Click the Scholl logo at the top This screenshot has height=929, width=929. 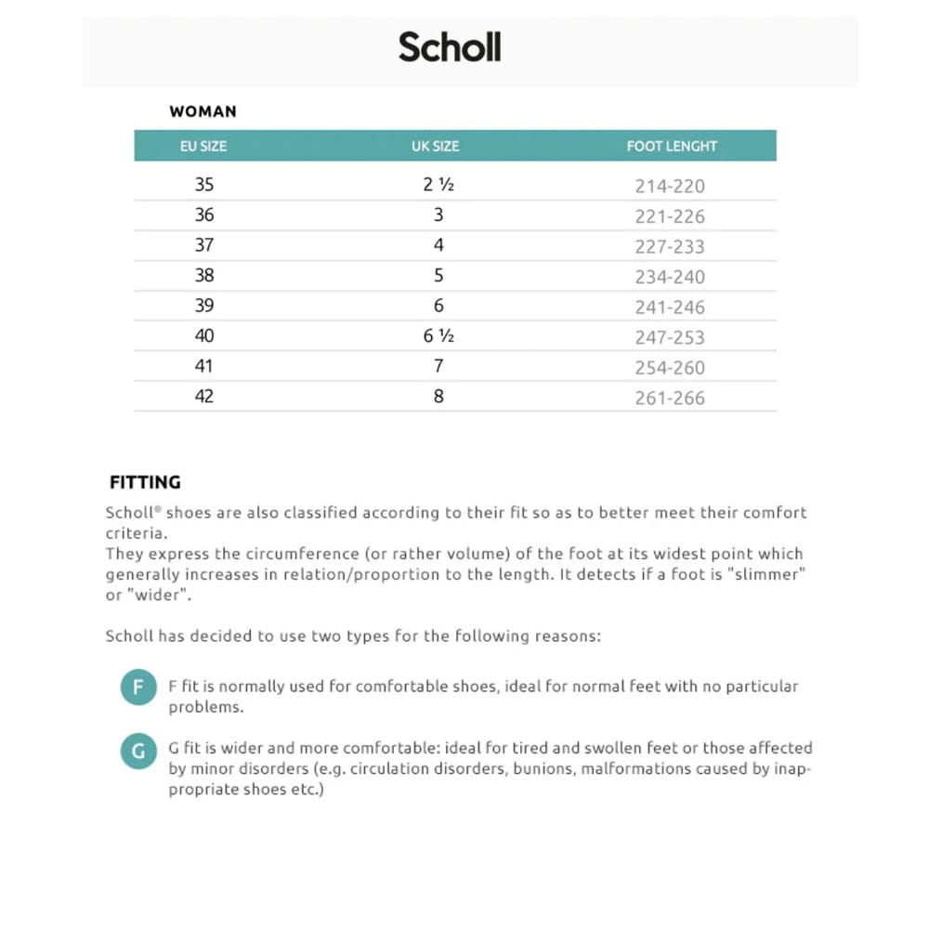[x=450, y=46]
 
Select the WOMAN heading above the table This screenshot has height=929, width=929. [x=203, y=111]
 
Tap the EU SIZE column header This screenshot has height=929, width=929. [x=203, y=146]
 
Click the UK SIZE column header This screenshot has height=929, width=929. [x=436, y=146]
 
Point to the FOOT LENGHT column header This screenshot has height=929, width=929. [x=672, y=146]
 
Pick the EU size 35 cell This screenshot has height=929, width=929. [x=204, y=185]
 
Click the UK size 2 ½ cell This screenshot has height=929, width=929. [x=438, y=185]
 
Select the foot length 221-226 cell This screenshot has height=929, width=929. [x=670, y=216]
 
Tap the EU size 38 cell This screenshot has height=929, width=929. [x=204, y=275]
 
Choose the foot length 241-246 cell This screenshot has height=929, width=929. [x=670, y=307]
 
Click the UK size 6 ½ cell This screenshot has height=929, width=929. [x=438, y=336]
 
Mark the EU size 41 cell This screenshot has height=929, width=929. [x=204, y=366]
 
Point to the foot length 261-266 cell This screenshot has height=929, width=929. [x=670, y=399]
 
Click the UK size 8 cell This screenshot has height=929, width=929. [x=438, y=397]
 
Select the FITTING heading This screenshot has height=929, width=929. [x=145, y=483]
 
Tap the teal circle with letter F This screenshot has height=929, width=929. [x=138, y=688]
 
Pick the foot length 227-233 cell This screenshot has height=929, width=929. [x=670, y=247]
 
